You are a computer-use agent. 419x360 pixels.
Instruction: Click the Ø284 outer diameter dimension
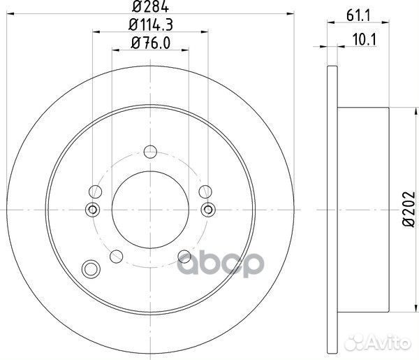[151, 9]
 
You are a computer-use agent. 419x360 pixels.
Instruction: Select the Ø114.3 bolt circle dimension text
[151, 27]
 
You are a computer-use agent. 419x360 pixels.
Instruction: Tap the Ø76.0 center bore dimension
[151, 45]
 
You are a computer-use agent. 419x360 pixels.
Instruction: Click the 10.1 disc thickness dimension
[361, 39]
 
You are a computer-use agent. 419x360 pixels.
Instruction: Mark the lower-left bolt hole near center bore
[116, 255]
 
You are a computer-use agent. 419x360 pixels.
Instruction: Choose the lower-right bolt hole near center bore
[183, 255]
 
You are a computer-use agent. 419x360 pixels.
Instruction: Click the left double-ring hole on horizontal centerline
[91, 209]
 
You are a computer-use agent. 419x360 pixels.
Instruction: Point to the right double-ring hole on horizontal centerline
[208, 209]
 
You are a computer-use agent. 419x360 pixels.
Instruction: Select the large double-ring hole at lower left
[91, 268]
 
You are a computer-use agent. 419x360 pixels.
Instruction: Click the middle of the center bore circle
[149, 209]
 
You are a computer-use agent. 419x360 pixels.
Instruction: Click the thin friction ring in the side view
[332, 208]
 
